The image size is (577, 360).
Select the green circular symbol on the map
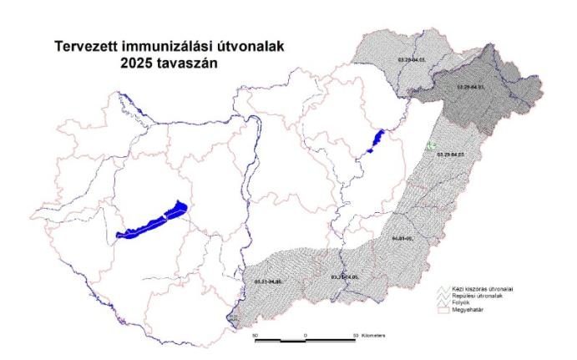pos(431,145)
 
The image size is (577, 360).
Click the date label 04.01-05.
pos(403,239)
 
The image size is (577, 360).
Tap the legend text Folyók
pos(461,302)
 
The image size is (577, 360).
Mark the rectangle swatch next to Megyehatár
pos(444,308)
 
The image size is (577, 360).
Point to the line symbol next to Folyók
pos(444,302)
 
